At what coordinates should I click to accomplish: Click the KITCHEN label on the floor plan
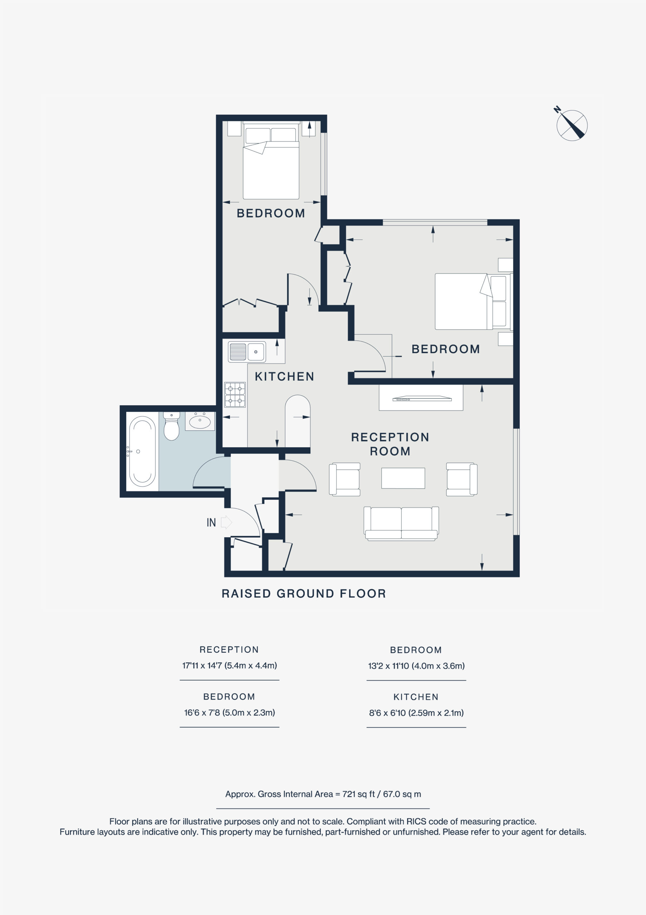pyautogui.click(x=284, y=377)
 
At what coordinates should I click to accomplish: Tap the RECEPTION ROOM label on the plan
pyautogui.click(x=390, y=444)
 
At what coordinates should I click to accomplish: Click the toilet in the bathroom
pyautogui.click(x=171, y=426)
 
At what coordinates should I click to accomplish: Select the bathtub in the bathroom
pyautogui.click(x=142, y=451)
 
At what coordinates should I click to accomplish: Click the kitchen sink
pyautogui.click(x=247, y=352)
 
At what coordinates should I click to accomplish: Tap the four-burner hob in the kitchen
pyautogui.click(x=235, y=395)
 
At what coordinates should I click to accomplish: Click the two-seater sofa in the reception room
pyautogui.click(x=401, y=524)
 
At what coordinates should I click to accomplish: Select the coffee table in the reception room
pyautogui.click(x=403, y=478)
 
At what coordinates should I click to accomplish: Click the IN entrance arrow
pyautogui.click(x=226, y=522)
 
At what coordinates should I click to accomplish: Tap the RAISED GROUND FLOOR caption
pyautogui.click(x=304, y=594)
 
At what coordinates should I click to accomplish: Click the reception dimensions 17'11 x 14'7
pyautogui.click(x=229, y=666)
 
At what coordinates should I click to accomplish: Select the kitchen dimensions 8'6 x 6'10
pyautogui.click(x=416, y=713)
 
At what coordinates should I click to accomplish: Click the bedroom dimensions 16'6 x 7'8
pyautogui.click(x=229, y=713)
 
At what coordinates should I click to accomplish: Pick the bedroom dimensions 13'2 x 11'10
pyautogui.click(x=416, y=666)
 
